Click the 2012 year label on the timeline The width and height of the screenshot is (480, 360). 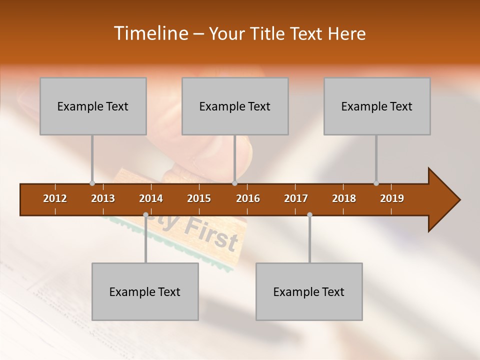[55, 198]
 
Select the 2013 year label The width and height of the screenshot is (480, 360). [103, 198]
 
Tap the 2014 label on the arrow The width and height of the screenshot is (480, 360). [151, 198]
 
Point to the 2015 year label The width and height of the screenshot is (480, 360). [199, 198]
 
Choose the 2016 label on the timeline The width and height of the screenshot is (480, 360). [248, 198]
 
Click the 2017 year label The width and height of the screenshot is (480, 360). [296, 198]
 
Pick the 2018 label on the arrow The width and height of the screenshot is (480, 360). [344, 198]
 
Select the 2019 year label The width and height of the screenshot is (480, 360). [392, 198]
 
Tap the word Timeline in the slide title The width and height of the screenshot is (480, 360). [149, 33]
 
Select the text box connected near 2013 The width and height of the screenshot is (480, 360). [93, 106]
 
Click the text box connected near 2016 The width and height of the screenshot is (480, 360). [235, 106]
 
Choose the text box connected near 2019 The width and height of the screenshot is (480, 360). [377, 106]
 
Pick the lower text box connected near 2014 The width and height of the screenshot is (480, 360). [145, 291]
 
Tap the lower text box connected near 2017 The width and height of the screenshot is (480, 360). [309, 291]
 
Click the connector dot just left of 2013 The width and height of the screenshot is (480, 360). [92, 183]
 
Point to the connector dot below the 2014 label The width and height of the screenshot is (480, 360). [145, 215]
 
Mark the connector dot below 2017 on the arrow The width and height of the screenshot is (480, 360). [309, 215]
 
